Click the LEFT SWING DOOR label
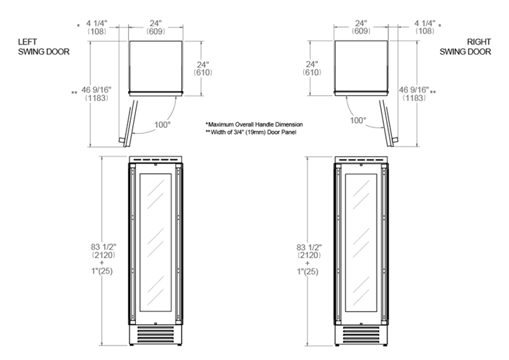pos(44,47)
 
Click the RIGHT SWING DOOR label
pos(465,47)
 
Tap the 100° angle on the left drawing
pos(162,124)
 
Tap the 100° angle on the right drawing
pos(358,121)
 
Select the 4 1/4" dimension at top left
pos(97,27)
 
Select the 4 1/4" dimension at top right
pos(425,27)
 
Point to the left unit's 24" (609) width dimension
pos(156,27)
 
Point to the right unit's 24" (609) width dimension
pos(361,27)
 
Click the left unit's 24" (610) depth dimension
pos(203,68)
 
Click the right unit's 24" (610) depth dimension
pos(312,68)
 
